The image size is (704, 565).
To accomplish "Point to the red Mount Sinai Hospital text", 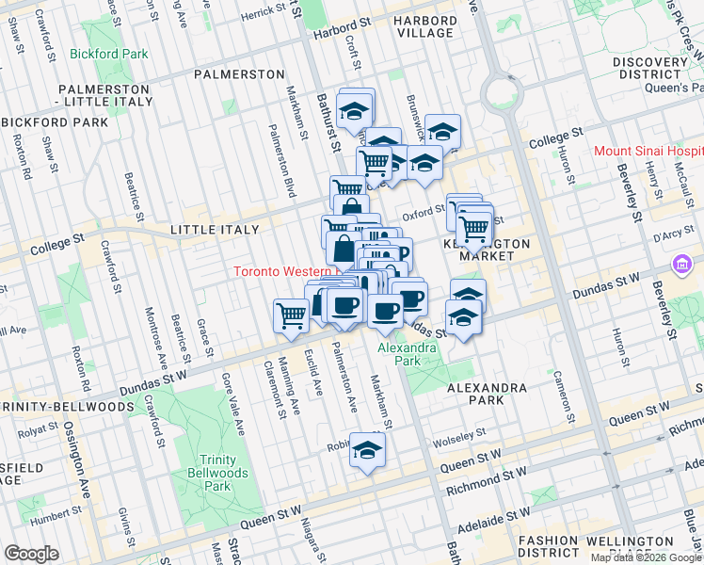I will [648, 151].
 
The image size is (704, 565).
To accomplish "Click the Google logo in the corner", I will [31, 554].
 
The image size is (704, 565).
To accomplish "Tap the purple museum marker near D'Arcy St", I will [682, 266].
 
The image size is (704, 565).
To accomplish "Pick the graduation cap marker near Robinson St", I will [367, 450].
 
